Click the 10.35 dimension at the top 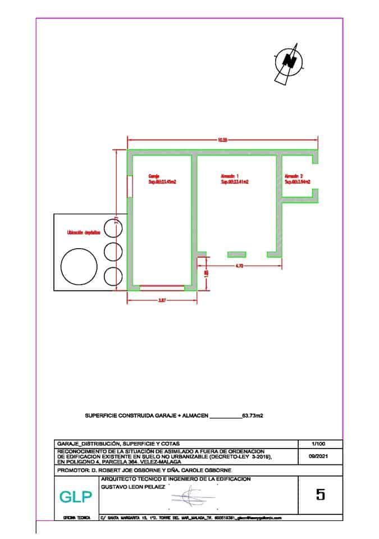(x=222, y=140)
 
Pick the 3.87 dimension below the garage (x=162, y=300)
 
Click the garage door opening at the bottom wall (x=162, y=287)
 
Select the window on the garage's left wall (x=130, y=186)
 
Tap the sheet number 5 (x=321, y=495)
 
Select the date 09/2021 (x=318, y=457)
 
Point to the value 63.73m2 (x=253, y=416)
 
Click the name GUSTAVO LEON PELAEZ (x=134, y=487)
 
